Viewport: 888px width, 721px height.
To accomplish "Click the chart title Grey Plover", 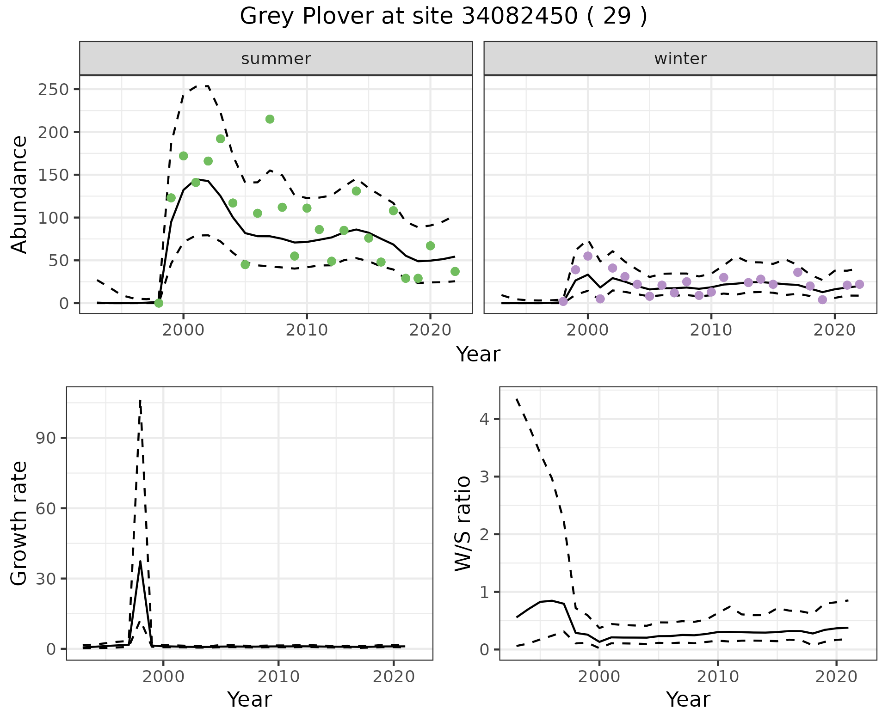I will [x=443, y=17].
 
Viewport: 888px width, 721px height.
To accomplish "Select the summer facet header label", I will [x=276, y=59].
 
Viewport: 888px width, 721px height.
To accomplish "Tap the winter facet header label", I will [x=680, y=59].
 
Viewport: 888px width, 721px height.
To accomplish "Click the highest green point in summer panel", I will [x=270, y=119].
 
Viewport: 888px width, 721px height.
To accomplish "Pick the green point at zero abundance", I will [x=159, y=303].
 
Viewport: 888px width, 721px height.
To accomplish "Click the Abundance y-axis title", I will [x=19, y=194].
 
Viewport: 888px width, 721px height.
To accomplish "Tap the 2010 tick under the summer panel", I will [x=307, y=330].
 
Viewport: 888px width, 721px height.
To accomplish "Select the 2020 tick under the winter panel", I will [x=834, y=330].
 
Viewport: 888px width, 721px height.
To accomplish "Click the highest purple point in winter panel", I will [x=588, y=256].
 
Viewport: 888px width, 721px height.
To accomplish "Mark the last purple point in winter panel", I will [x=859, y=284].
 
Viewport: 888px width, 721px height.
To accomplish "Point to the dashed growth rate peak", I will [x=140, y=400].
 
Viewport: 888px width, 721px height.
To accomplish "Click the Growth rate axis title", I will [x=19, y=524].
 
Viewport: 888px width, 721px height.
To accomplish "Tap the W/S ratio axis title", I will [x=462, y=524].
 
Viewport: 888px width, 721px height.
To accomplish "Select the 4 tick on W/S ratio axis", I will [x=483, y=419].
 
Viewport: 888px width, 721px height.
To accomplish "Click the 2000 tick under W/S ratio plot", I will [x=599, y=677].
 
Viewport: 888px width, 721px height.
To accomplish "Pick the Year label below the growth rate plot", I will [x=249, y=699].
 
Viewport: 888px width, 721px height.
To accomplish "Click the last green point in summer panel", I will [x=455, y=271].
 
